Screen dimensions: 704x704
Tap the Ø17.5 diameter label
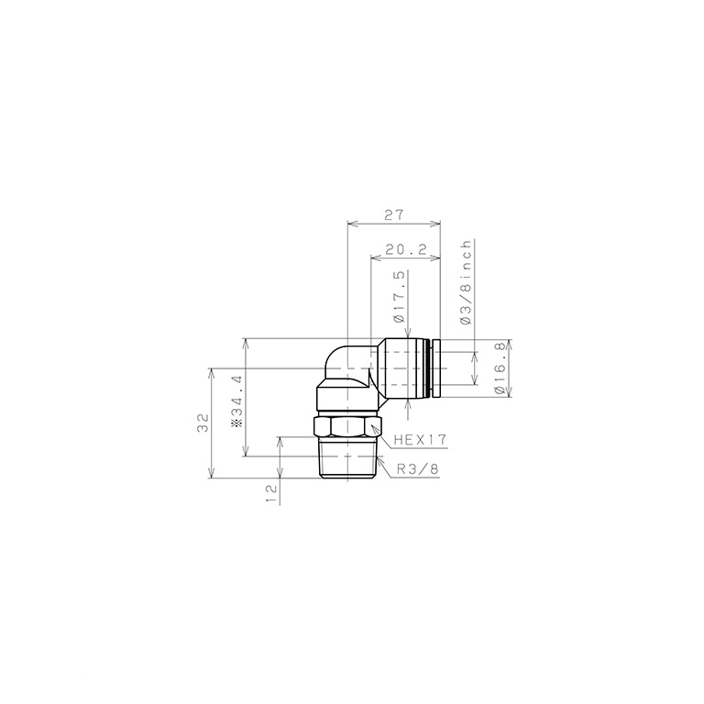[x=399, y=297]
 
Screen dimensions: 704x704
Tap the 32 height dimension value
[x=203, y=423]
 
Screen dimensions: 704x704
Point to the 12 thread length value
[x=270, y=493]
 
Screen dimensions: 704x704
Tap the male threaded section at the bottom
[x=346, y=458]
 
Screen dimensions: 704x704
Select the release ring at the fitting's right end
[x=436, y=368]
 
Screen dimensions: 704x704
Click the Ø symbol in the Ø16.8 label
[x=500, y=390]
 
